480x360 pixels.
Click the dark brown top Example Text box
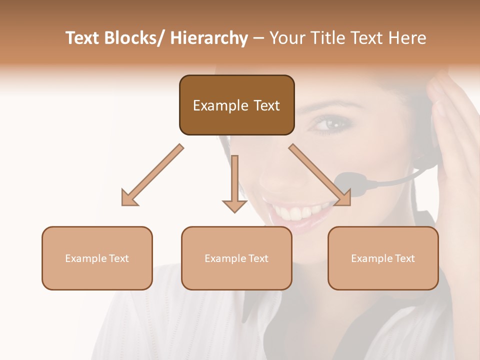pos(236,105)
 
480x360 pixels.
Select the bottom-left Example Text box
pos(97,258)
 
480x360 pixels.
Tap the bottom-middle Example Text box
pos(236,258)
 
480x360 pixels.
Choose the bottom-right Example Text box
pos(383,258)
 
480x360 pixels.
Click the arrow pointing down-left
pos(152,175)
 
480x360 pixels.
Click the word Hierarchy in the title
pos(208,38)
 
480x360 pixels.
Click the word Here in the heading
pos(407,38)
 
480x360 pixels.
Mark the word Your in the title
pos(287,38)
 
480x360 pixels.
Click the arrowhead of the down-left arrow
pos(129,198)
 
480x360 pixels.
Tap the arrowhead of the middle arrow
pos(234,206)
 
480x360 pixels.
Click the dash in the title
pos(259,38)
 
